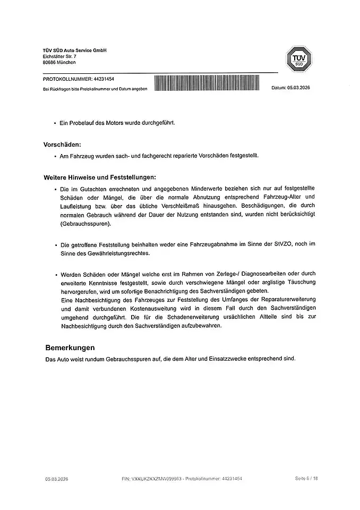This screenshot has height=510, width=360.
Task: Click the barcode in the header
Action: [x=207, y=83]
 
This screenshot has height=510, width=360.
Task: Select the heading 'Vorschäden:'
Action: [x=62, y=144]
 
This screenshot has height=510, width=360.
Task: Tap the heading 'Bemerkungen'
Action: [x=70, y=348]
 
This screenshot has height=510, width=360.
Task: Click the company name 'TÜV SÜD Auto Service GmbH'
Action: [x=75, y=50]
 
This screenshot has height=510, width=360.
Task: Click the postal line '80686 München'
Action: [x=59, y=62]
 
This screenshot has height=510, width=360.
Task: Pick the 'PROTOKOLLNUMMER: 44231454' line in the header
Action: [x=78, y=79]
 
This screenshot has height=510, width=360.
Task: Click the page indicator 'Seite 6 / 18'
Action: [x=306, y=479]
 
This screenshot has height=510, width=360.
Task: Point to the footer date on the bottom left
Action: [x=56, y=479]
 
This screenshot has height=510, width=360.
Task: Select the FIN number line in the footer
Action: [x=182, y=479]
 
